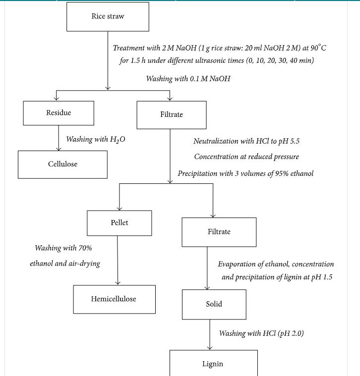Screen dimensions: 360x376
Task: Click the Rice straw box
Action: point(108,17)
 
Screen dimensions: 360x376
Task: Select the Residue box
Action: point(59,113)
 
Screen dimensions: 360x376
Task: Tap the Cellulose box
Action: point(62,164)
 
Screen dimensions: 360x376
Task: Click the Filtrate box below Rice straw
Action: point(172,115)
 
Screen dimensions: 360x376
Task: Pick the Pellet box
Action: point(120,223)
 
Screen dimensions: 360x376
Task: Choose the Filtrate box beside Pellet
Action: point(219,232)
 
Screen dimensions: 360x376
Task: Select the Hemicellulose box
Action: point(114,299)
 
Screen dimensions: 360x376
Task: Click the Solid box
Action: point(214,304)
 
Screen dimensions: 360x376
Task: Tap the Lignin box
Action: point(214,363)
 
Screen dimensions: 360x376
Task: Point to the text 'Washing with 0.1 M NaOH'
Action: point(188,79)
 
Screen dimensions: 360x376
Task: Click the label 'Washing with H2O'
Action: point(96,139)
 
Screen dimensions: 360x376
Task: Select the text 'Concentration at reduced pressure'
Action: point(246,157)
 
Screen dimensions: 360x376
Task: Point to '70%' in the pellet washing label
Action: point(85,248)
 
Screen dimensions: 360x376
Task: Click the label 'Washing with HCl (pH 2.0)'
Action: point(261,333)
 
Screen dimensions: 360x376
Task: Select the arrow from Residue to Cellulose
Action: point(59,138)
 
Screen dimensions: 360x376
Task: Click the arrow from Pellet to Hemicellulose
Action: point(118,261)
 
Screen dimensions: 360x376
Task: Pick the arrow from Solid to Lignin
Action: point(210,334)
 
